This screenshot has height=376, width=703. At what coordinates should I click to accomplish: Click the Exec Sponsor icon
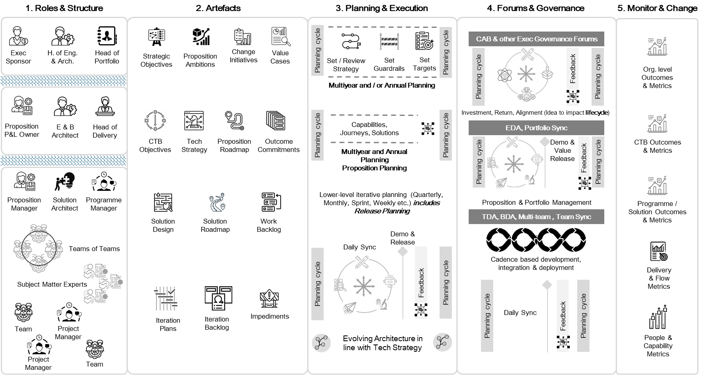click(x=18, y=36)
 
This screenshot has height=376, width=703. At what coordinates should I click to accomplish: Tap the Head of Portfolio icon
click(x=107, y=36)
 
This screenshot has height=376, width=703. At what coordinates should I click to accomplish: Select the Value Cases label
click(x=280, y=57)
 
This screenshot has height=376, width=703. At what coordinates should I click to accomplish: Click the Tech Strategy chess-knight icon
click(x=194, y=121)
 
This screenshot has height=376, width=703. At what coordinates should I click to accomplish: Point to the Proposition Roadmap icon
click(x=234, y=121)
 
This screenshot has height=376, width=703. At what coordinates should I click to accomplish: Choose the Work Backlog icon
click(x=270, y=202)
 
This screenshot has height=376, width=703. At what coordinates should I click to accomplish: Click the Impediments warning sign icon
click(x=269, y=298)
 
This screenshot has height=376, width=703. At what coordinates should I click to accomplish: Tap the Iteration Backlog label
click(x=217, y=323)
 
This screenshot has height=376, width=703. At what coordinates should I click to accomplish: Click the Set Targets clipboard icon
click(x=424, y=41)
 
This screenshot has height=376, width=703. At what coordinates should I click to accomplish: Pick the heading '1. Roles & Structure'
click(x=64, y=8)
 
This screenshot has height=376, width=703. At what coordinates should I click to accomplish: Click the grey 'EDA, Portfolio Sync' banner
click(x=536, y=128)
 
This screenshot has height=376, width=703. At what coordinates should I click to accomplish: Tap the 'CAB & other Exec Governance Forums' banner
click(x=536, y=39)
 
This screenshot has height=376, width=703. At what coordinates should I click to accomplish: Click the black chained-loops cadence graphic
click(x=536, y=240)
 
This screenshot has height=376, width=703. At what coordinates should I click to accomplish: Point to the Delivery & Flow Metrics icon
click(x=659, y=251)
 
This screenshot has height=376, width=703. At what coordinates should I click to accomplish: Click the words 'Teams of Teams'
click(x=94, y=249)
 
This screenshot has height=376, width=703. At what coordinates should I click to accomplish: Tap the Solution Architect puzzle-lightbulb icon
click(x=65, y=181)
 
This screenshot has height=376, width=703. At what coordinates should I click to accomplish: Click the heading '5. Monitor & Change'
click(x=657, y=8)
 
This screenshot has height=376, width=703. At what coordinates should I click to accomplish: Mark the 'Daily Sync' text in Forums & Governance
click(x=520, y=313)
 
